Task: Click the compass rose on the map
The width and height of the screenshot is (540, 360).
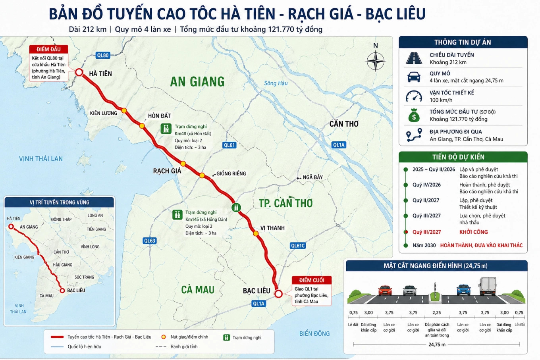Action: (375, 61)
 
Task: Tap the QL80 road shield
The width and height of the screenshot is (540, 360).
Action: (103, 55)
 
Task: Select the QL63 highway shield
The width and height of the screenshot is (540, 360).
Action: (150, 241)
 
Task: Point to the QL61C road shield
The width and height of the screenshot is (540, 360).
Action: (298, 245)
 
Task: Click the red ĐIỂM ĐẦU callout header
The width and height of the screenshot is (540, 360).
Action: (48, 49)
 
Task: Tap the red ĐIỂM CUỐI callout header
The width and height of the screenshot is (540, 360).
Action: (312, 280)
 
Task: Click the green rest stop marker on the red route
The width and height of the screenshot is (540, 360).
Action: (236, 207)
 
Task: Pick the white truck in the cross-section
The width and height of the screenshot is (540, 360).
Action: (488, 286)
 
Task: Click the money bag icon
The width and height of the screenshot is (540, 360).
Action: (414, 116)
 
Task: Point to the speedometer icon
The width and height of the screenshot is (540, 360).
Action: (414, 96)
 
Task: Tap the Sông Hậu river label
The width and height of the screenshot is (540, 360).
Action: (276, 83)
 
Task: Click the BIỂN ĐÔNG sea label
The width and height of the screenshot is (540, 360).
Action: (314, 333)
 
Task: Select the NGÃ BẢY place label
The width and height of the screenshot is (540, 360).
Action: (312, 177)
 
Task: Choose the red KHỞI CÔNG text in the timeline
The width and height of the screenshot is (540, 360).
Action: (473, 232)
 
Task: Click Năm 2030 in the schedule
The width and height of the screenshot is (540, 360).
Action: (424, 245)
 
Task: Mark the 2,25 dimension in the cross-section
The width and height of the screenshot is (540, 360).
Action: (437, 312)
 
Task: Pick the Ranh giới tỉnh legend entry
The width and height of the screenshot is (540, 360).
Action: (184, 347)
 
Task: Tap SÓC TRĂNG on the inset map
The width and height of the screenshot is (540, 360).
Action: (84, 277)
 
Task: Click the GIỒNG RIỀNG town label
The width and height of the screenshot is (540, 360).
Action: (231, 173)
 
